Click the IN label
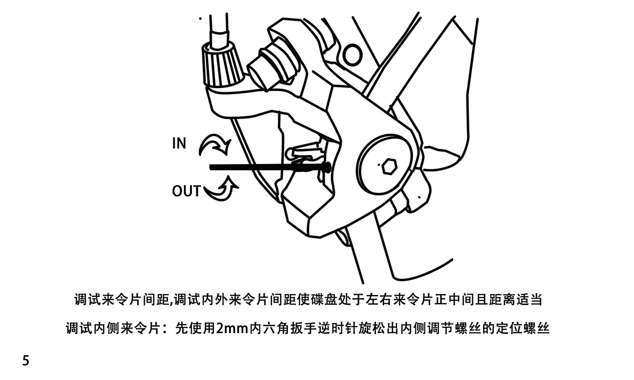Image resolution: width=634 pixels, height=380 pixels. pyautogui.click(x=179, y=143)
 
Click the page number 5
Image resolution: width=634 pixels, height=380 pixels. pyautogui.click(x=26, y=361)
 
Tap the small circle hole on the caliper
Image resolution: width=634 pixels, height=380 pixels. pyautogui.click(x=352, y=55)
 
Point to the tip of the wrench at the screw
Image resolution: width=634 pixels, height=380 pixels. pyautogui.click(x=325, y=168)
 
